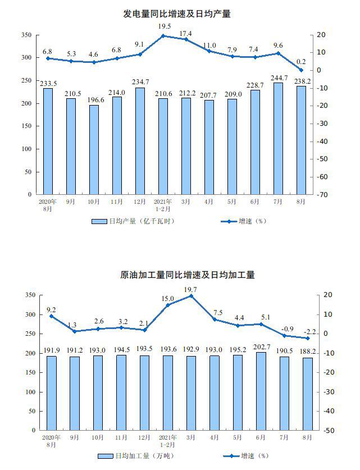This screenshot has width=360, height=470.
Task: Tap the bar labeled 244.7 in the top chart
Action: click(x=278, y=138)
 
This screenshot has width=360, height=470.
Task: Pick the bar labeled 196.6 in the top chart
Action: click(x=94, y=149)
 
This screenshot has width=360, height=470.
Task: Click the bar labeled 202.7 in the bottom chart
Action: click(x=261, y=391)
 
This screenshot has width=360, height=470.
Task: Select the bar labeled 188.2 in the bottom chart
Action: click(x=308, y=394)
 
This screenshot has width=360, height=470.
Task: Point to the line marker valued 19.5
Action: click(x=163, y=36)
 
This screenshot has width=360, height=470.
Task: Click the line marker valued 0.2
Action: click(x=302, y=70)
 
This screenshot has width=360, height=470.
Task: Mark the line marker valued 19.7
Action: click(x=192, y=295)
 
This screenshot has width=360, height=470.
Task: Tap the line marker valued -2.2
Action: click(x=308, y=338)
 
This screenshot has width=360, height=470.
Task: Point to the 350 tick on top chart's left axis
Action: click(x=26, y=35)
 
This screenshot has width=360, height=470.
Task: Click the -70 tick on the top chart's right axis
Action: click(x=322, y=195)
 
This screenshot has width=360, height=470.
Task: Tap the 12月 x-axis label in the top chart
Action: click(x=140, y=201)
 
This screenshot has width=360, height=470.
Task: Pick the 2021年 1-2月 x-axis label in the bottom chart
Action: click(x=168, y=440)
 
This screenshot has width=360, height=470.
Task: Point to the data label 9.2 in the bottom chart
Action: click(x=51, y=309)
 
